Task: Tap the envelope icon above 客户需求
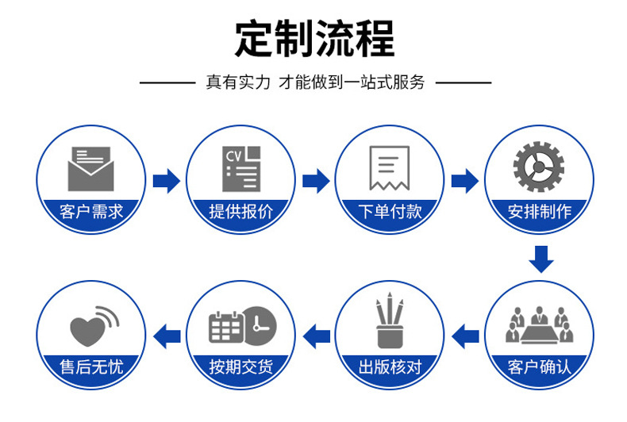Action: pos(91,168)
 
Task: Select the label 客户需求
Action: pos(91,212)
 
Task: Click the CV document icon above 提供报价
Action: pos(240,168)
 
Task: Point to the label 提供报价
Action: pos(240,212)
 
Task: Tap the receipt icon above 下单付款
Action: pos(389,168)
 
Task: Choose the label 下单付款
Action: pos(389,212)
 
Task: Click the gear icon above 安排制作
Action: pos(539,167)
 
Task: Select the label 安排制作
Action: pos(539,212)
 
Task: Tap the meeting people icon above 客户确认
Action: pos(539,324)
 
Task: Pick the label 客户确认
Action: pos(539,366)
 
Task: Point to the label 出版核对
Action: pos(389,366)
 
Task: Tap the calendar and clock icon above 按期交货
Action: pos(241,324)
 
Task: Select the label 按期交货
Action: pos(240,366)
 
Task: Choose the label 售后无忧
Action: pos(91,366)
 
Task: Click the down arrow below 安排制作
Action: pos(540,259)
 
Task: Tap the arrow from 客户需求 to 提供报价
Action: pos(166,181)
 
